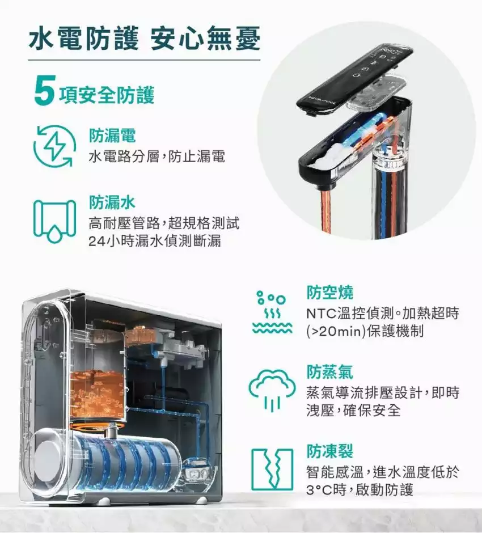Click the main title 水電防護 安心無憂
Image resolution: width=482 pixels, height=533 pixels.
point(145,39)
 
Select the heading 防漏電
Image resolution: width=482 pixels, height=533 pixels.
point(112,136)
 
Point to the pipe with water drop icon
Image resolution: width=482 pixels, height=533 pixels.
point(54,220)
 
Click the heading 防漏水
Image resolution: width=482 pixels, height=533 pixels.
point(112,202)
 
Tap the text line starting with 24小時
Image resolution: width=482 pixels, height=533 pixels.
point(155,242)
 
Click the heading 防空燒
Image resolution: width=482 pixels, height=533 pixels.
point(330,293)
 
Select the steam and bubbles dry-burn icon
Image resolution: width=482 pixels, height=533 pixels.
point(272,312)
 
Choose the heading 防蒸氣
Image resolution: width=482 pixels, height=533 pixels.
point(330,371)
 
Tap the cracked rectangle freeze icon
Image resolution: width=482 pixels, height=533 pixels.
point(272,469)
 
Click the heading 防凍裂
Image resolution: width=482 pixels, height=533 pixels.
point(330,451)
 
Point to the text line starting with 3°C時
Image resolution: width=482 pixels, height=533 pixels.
point(360,490)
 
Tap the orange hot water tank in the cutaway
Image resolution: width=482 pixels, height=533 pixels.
point(98,394)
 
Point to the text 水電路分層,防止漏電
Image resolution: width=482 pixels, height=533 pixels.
point(157,157)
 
